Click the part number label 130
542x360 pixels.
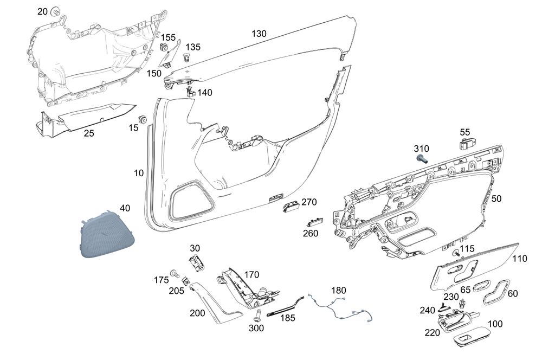259,34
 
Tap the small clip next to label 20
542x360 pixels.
55,12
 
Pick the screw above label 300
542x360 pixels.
256,315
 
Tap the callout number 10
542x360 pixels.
139,173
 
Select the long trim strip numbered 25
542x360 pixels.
86,119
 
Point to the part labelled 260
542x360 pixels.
314,222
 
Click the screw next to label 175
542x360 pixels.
175,274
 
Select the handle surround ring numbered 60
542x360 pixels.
495,293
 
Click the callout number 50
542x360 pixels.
496,198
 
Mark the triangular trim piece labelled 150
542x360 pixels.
170,54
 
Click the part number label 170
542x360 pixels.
251,274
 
